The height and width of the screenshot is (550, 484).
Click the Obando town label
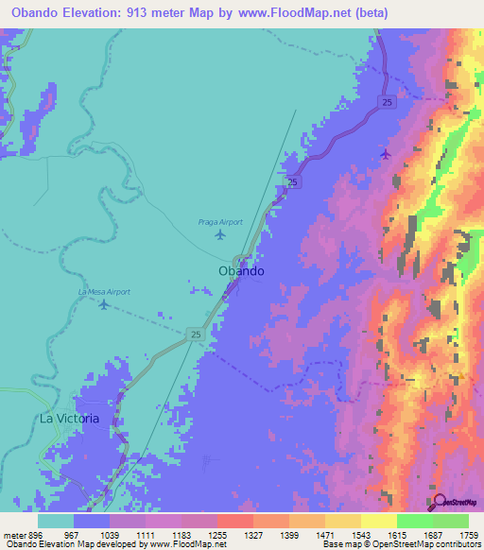tap(241, 270)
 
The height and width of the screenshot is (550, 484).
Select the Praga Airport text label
tap(220, 222)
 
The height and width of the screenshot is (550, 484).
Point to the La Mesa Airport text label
tap(103, 293)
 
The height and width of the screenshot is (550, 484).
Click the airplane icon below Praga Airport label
tap(221, 234)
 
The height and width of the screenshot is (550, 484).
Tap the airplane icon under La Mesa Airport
tap(104, 304)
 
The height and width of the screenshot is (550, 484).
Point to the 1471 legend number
tap(324, 534)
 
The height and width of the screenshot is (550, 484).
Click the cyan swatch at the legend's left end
tap(56, 521)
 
